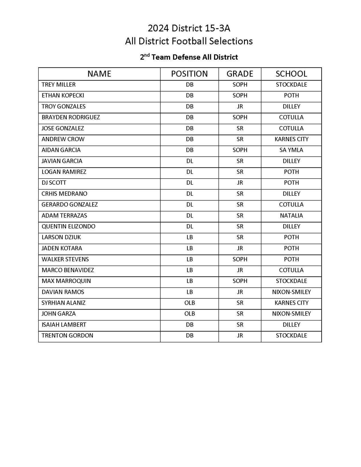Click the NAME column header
(99, 74)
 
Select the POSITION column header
(189, 74)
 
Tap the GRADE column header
(240, 74)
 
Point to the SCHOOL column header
(291, 74)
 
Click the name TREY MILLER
(59, 85)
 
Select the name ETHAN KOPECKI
(63, 96)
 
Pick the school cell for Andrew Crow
(291, 139)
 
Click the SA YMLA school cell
(291, 150)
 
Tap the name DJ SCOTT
(54, 183)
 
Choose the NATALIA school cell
(291, 216)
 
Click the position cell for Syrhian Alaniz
(189, 303)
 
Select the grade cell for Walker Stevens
(240, 259)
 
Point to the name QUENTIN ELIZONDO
(68, 227)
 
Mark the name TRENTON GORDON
(67, 335)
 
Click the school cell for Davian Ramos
(291, 292)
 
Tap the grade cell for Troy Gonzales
(240, 106)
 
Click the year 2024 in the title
(158, 28)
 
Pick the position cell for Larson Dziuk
(189, 237)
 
